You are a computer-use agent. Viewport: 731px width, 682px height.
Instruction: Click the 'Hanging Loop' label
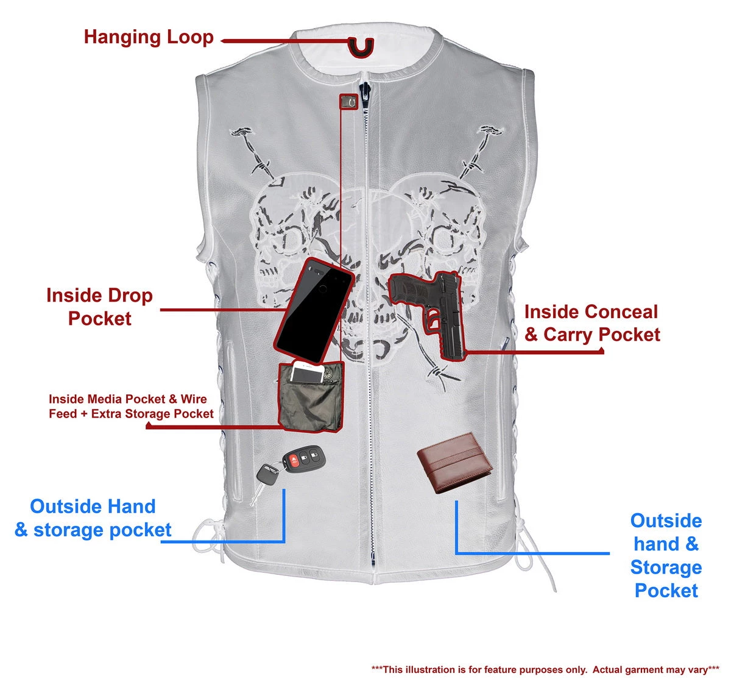coord(149,37)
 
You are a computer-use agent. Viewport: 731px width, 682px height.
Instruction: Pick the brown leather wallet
coord(455,463)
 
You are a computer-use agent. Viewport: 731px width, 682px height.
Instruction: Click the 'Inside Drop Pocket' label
coord(100,307)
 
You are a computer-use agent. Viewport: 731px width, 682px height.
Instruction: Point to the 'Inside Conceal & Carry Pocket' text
coord(592,323)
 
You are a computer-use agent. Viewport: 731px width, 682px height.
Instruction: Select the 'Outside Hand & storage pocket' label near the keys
coord(93,518)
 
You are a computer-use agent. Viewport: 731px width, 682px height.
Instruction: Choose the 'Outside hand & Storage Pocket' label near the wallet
coord(666,555)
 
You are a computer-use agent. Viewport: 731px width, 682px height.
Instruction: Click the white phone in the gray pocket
coord(308,372)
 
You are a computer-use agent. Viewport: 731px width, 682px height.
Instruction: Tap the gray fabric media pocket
coord(311,405)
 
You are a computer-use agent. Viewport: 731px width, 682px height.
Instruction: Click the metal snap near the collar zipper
coord(348,101)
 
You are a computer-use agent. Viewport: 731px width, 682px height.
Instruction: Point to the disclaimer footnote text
coord(545,669)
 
